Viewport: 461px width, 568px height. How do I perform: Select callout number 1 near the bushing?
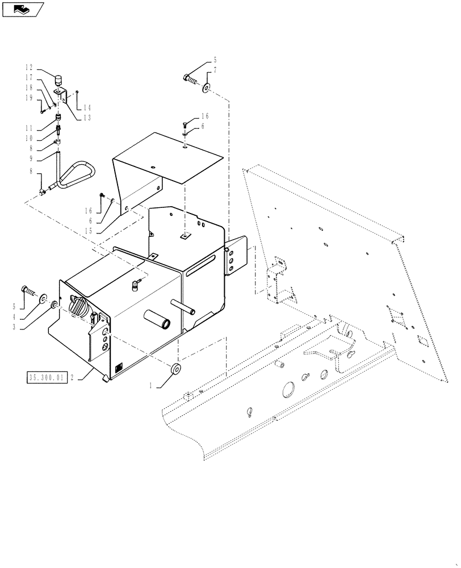pos(150,386)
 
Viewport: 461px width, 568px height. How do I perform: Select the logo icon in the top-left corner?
pos(23,9)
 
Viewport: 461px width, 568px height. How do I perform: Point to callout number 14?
pos(87,107)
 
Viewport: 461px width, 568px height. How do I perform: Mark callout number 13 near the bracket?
pos(87,118)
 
